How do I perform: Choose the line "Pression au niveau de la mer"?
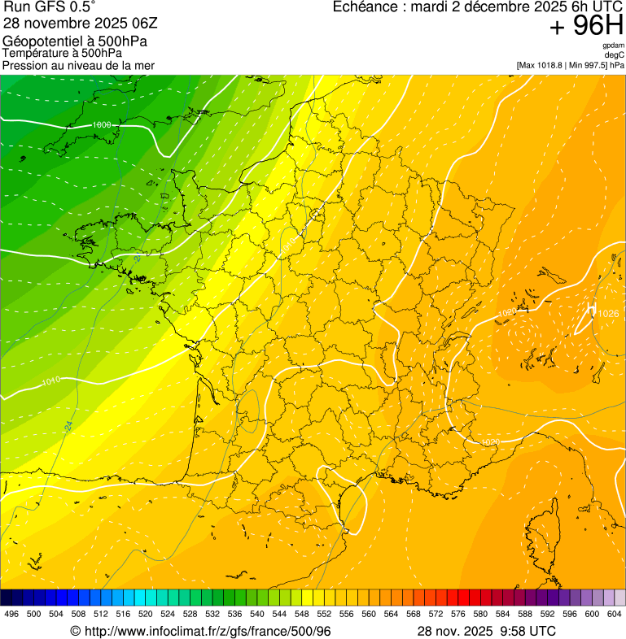click(x=78, y=65)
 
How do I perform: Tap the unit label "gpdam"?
click(x=613, y=46)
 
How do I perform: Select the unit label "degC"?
click(x=615, y=54)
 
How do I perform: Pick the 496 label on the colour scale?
click(x=11, y=614)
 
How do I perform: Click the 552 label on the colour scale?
click(x=324, y=614)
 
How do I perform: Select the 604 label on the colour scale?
click(x=614, y=614)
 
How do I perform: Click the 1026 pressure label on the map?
click(x=607, y=314)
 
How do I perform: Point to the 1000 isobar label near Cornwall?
click(x=103, y=124)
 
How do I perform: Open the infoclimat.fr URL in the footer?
click(x=208, y=632)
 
